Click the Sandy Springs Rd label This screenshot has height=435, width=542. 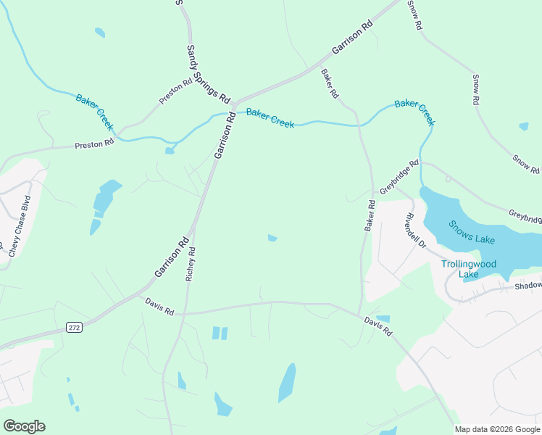(x=208, y=73)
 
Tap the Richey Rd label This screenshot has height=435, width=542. (x=191, y=265)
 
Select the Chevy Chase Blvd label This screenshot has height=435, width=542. (x=20, y=225)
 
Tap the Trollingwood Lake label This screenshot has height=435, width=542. (x=469, y=269)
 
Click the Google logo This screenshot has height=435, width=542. (x=24, y=426)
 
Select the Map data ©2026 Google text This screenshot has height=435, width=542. (x=497, y=429)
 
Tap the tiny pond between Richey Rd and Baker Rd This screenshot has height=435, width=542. (x=272, y=238)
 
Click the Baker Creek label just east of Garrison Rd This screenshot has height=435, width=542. (x=270, y=118)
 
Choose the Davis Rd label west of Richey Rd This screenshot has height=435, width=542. (x=159, y=307)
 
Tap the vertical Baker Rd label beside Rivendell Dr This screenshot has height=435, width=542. (x=370, y=216)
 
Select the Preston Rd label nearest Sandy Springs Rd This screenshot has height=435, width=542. (x=175, y=91)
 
